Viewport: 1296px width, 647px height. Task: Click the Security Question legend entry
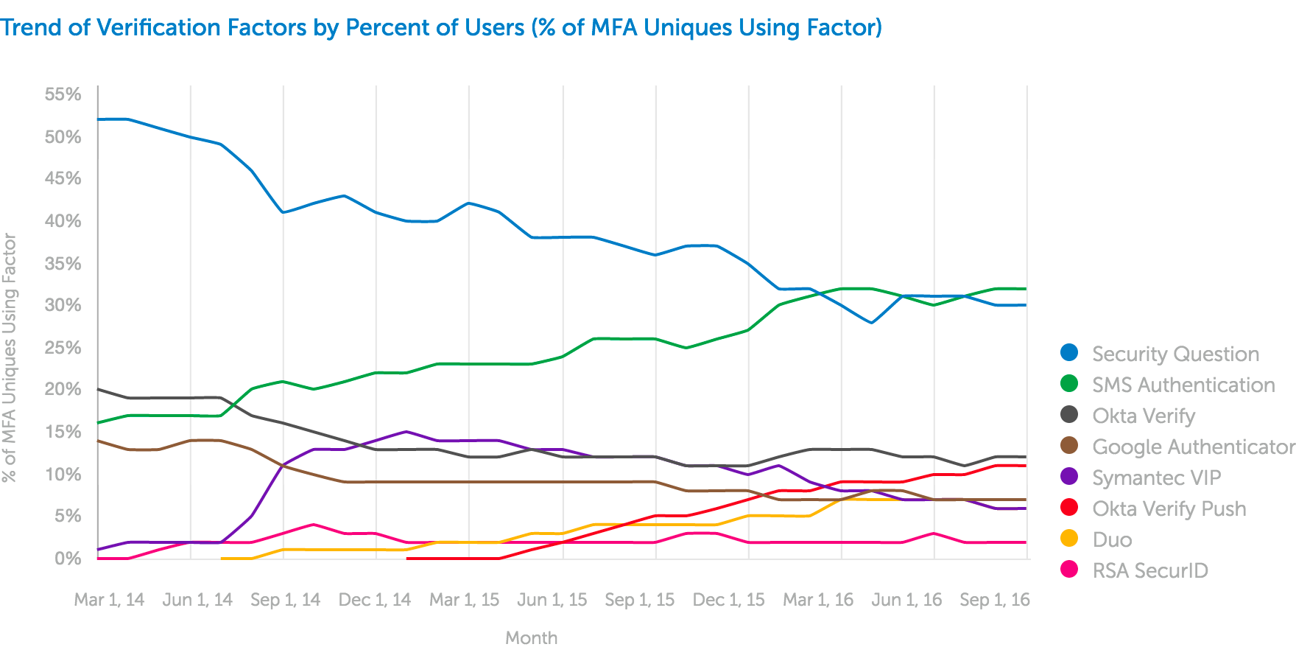coord(1175,354)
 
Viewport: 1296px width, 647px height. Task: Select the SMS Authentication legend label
coord(1183,385)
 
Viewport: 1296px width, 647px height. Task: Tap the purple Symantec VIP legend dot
coord(1069,477)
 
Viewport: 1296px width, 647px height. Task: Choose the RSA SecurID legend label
coord(1150,570)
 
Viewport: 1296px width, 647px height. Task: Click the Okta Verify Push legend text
coord(1169,508)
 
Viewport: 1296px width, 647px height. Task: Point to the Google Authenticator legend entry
coord(1193,447)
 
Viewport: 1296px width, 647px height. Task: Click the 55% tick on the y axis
coord(63,94)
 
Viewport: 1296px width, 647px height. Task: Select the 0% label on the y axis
coord(68,558)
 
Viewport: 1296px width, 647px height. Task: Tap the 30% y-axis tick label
coord(63,305)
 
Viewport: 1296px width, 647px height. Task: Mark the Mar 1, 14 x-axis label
coord(109,600)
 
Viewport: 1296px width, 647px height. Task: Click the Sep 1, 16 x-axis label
coord(995,600)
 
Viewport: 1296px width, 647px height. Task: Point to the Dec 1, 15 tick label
coord(728,600)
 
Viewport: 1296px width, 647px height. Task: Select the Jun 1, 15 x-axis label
coord(552,600)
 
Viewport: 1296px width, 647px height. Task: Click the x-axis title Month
coord(531,637)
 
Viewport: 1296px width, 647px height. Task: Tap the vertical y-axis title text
coord(10,357)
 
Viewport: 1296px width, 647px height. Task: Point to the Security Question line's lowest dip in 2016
coord(872,323)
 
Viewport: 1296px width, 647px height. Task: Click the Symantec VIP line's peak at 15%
coord(406,432)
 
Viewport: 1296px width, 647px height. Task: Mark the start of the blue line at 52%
coord(99,119)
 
